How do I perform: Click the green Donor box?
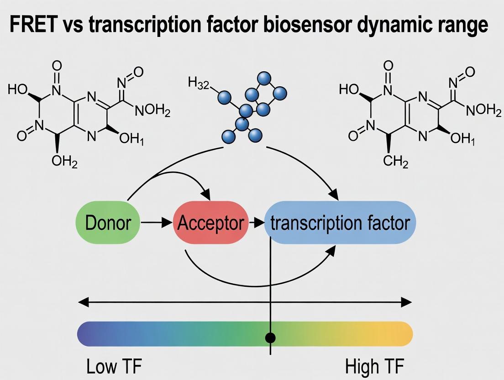pyautogui.click(x=109, y=223)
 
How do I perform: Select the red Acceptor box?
pyautogui.click(x=210, y=223)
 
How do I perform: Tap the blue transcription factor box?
pyautogui.click(x=340, y=223)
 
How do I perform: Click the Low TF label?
pyautogui.click(x=114, y=366)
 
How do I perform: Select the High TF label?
pyautogui.click(x=374, y=366)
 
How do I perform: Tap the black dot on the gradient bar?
pyautogui.click(x=271, y=338)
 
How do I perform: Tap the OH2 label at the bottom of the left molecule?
pyautogui.click(x=64, y=162)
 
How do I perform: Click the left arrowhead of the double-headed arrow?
pyautogui.click(x=83, y=302)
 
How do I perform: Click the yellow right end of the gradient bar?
pyautogui.click(x=404, y=334)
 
